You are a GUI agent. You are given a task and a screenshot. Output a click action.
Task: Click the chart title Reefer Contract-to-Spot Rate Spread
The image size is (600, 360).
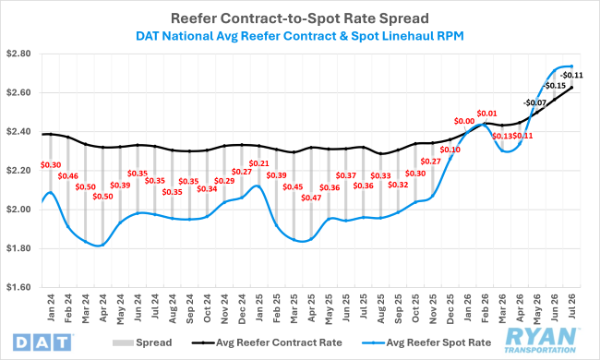(300, 18)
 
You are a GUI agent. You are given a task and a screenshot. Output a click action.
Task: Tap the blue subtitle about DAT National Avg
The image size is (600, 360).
(300, 36)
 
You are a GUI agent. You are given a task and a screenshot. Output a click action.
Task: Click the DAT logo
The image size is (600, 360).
(42, 342)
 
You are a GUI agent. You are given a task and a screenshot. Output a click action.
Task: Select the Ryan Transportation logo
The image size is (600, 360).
(541, 340)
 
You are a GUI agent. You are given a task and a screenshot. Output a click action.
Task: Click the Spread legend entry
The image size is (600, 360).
(142, 342)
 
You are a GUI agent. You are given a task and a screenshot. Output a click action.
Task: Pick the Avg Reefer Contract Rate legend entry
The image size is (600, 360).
(267, 342)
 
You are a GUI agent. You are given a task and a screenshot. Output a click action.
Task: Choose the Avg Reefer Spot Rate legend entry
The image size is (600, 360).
(426, 342)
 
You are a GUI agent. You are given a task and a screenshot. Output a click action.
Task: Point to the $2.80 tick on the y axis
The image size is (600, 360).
(18, 54)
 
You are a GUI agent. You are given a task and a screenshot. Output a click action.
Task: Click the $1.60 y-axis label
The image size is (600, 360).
(18, 287)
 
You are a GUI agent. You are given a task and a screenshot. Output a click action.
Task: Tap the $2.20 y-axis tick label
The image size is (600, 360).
(18, 171)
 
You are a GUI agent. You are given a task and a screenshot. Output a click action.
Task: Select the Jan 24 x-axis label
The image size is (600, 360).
(51, 308)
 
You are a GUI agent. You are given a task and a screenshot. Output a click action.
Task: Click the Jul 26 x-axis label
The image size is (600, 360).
(572, 306)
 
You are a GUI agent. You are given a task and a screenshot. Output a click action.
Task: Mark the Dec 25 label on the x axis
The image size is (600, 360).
(450, 308)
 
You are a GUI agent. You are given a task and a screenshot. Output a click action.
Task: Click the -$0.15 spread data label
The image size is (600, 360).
(554, 85)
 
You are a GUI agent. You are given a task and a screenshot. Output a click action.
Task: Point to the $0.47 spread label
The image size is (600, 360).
(311, 198)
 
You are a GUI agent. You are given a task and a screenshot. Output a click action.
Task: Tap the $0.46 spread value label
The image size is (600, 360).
(67, 176)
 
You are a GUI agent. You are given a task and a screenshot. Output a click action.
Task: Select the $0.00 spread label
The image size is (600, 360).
(464, 121)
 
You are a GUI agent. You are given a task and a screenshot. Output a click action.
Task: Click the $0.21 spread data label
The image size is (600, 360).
(258, 163)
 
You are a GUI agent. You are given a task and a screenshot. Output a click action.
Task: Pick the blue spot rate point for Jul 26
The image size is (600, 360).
(571, 66)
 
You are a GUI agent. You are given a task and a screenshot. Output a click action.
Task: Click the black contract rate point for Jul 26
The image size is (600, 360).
(571, 87)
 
